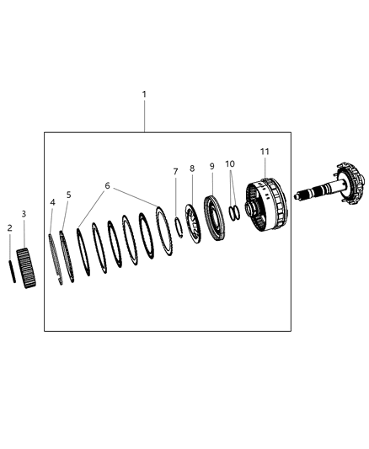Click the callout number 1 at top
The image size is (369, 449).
pos(144,95)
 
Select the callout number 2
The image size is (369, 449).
pos(10,227)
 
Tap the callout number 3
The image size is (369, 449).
pos(24,215)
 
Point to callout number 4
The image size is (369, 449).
pos(52,202)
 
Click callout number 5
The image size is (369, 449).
pos(69,195)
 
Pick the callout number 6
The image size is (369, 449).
pos(107,185)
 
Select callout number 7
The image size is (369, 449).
pos(175,172)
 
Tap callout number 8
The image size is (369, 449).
pos(192,168)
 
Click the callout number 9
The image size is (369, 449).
pos(212,166)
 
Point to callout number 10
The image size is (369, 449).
pos(230,163)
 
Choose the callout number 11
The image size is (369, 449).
pos(265,152)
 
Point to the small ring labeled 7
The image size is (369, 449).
pos(179,227)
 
